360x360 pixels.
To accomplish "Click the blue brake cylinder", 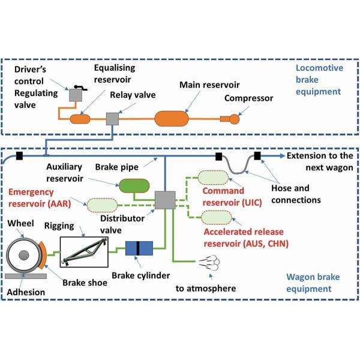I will (140, 248).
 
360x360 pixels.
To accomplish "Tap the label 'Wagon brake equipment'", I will (319, 282).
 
